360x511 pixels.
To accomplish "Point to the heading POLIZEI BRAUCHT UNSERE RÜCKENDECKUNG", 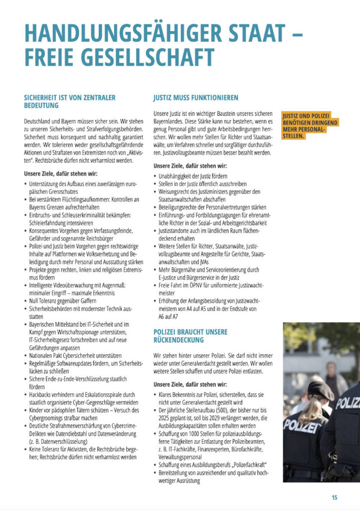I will [x=190, y=336].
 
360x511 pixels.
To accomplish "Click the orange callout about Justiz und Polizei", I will [x=310, y=126].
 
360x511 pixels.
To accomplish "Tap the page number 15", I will [x=334, y=497].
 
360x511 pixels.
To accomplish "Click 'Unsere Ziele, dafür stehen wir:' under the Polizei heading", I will [x=190, y=384].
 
